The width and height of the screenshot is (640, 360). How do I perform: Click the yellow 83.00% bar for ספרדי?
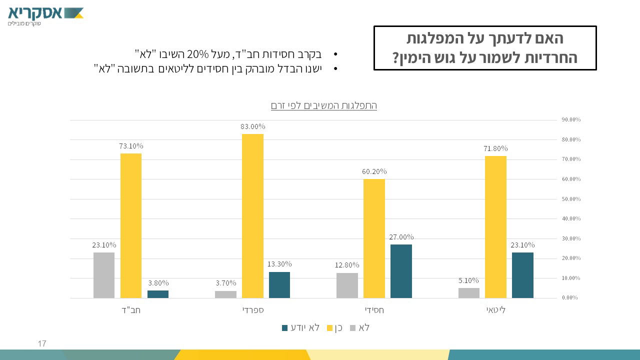pos(252,216)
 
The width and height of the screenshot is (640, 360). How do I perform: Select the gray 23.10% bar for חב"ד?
pos(104,275)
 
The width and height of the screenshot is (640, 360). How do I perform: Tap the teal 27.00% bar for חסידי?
pos(401,271)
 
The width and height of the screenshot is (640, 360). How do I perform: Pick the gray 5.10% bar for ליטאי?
pos(469,293)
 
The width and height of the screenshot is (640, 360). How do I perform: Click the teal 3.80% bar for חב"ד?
pos(158,294)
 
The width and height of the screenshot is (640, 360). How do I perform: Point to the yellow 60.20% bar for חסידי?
pos(374,238)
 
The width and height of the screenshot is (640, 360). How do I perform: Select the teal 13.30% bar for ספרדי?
pos(279,285)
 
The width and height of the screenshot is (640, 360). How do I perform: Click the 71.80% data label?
pos(495,148)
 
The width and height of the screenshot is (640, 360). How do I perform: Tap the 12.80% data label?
pos(347,265)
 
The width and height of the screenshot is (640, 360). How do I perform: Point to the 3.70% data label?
pos(225,283)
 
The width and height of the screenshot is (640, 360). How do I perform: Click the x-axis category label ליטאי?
pos(496,310)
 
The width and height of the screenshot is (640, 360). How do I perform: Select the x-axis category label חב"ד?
pos(131,310)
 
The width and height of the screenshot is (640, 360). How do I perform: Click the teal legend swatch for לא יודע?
pos(285,328)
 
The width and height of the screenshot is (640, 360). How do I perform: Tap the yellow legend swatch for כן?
pos(330,328)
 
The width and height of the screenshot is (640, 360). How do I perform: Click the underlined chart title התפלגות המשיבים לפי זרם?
pos(323,105)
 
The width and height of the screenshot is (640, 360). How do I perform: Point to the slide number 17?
pos(42,344)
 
